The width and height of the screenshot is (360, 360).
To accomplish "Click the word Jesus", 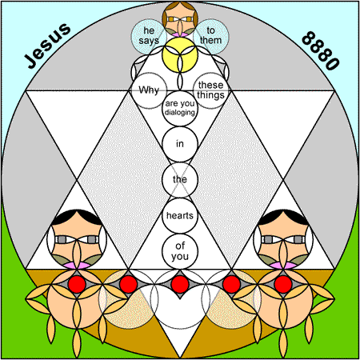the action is [x=48, y=46].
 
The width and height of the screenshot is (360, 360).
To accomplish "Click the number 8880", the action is [x=321, y=50].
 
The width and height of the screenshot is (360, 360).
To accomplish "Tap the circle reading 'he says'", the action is [x=149, y=37].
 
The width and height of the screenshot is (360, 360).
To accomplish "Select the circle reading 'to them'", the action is [x=211, y=37].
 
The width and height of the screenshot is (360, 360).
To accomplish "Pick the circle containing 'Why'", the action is [x=149, y=90].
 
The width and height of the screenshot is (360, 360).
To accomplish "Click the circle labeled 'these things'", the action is [x=211, y=90].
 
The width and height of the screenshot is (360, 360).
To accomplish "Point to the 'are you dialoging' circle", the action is [x=180, y=108].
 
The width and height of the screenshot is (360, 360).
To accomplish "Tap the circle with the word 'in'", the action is [x=180, y=144].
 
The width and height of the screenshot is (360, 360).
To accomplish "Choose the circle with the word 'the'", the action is [x=180, y=180].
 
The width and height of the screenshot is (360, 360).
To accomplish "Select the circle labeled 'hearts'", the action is [x=180, y=216].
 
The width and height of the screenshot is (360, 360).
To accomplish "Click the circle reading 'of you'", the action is [x=180, y=251].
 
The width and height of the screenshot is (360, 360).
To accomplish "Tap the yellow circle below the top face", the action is [x=180, y=55].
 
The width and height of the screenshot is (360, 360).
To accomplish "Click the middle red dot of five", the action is [x=180, y=285].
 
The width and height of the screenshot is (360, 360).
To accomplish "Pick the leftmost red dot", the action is [x=77, y=285].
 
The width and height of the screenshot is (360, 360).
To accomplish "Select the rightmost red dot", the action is [x=283, y=285].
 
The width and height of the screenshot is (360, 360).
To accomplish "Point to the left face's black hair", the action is [x=77, y=215].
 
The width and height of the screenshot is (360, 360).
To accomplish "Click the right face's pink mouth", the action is [x=283, y=266].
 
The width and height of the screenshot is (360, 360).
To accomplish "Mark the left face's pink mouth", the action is [x=77, y=266].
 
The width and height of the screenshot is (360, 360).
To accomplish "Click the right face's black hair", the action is [x=283, y=215].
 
